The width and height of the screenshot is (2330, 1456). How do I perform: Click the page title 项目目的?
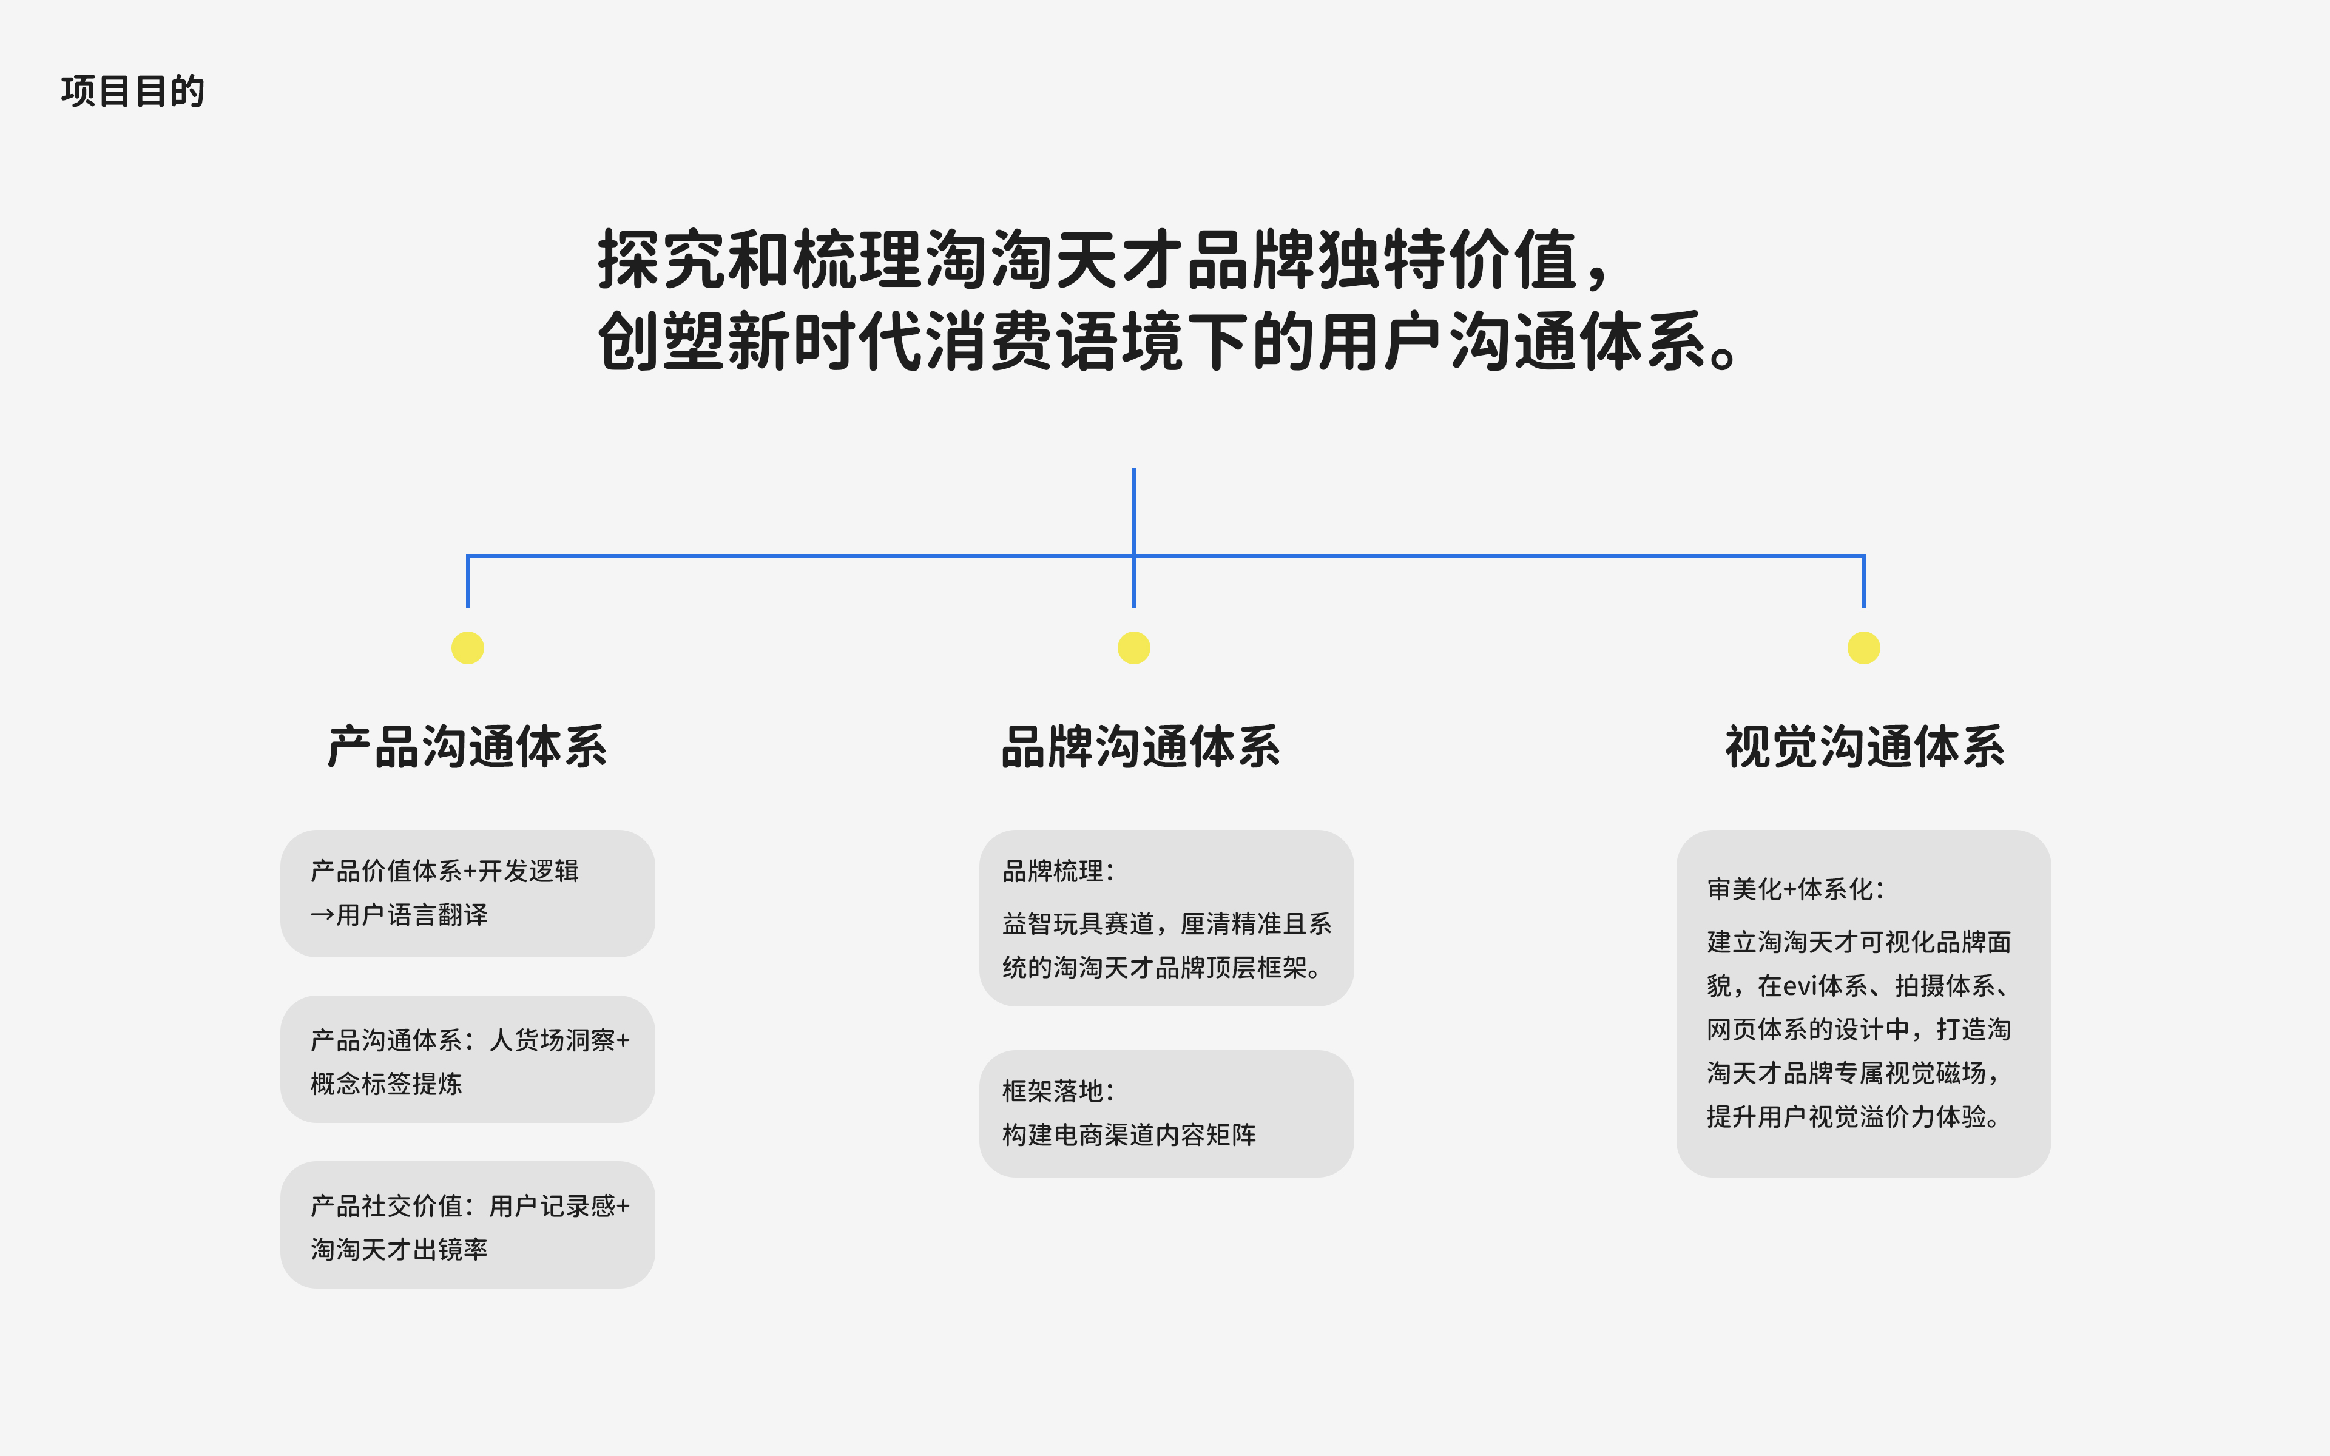pos(133,92)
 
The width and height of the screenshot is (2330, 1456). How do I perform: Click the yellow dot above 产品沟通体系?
pos(468,648)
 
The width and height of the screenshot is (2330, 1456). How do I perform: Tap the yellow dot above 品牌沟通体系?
pos(1134,648)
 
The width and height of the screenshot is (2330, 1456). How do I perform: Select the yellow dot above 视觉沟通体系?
pos(1864,648)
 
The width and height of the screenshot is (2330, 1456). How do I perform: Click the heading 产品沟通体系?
pos(468,747)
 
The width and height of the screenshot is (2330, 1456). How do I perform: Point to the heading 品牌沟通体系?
pos(1141,747)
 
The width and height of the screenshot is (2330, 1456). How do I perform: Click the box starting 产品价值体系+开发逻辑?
pos(468,894)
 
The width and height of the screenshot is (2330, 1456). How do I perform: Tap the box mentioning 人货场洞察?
pos(468,1059)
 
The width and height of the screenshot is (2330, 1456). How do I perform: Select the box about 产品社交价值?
pos(468,1225)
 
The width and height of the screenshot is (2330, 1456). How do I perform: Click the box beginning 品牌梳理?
pos(1167,918)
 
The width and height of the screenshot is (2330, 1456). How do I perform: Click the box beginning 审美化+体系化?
pos(1864,1003)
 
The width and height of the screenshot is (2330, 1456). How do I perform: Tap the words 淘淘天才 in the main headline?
pos(1055,260)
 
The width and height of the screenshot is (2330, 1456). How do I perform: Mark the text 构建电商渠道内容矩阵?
pos(1129,1135)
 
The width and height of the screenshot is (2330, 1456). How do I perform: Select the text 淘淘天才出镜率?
pos(400,1250)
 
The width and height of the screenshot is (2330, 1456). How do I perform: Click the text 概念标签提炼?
pos(386,1084)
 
